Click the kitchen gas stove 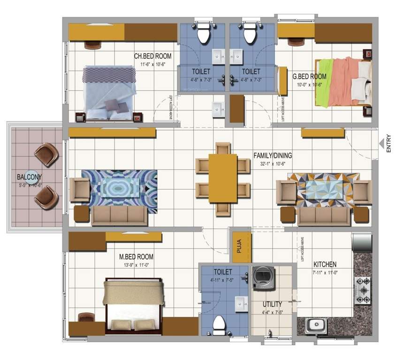[x=363, y=291]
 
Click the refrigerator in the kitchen [x=362, y=241]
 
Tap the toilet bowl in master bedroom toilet [x=219, y=324]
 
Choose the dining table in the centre [x=223, y=178]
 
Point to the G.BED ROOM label [x=309, y=76]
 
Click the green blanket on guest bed [x=322, y=82]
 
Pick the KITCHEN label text [x=325, y=264]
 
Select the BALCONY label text [x=30, y=177]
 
